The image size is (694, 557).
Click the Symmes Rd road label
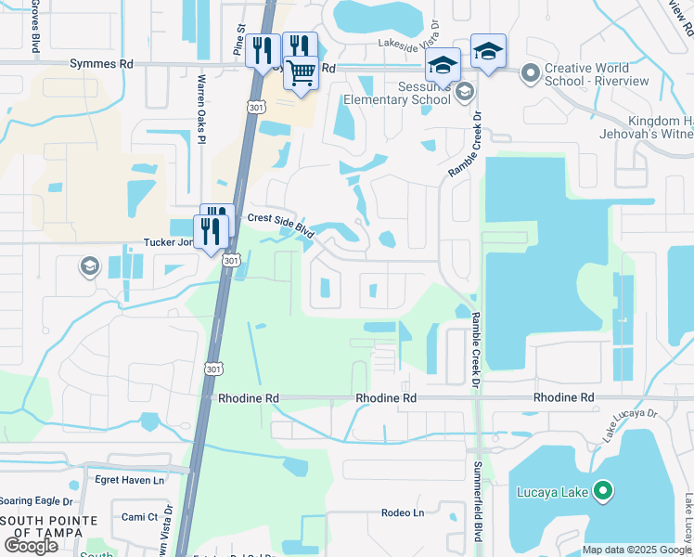(x=102, y=64)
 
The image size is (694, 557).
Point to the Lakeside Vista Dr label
(x=420, y=44)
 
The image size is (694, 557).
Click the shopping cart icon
(x=301, y=72)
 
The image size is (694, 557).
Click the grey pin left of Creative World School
(x=530, y=71)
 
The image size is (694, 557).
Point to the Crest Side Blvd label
(x=279, y=226)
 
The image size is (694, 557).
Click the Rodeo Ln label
(x=402, y=512)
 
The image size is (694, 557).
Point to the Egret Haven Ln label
(x=129, y=480)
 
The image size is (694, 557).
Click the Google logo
(x=32, y=545)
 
